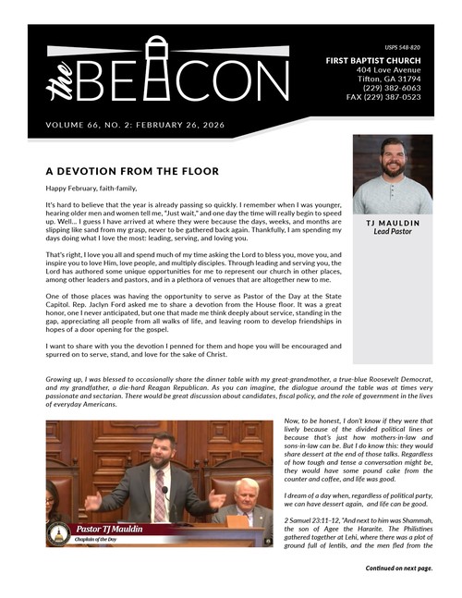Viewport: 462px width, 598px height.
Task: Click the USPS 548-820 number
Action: [402, 46]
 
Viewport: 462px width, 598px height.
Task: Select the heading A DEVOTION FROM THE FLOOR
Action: [131, 171]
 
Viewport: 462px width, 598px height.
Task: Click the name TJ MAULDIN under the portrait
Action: [393, 224]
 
